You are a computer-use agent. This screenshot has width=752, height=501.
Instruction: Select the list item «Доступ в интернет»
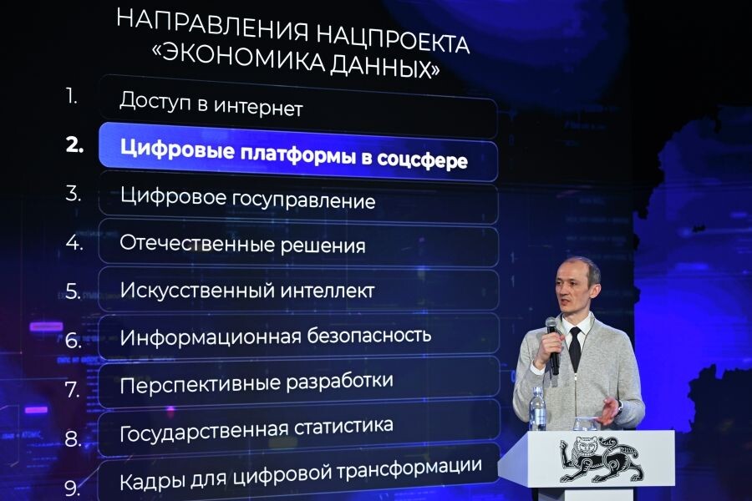tap(211, 106)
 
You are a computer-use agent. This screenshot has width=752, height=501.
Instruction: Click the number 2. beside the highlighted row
tap(75, 144)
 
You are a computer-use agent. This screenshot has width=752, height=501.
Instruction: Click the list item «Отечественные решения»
tap(242, 245)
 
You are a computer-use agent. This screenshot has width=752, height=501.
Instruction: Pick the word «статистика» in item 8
tap(343, 427)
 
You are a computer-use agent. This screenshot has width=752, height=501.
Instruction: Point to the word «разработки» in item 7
tap(340, 382)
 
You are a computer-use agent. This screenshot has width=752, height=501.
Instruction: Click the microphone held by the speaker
tap(552, 342)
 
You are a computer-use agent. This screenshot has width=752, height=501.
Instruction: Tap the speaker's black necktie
tap(575, 349)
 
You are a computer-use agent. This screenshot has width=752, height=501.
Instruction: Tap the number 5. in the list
tap(74, 291)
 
